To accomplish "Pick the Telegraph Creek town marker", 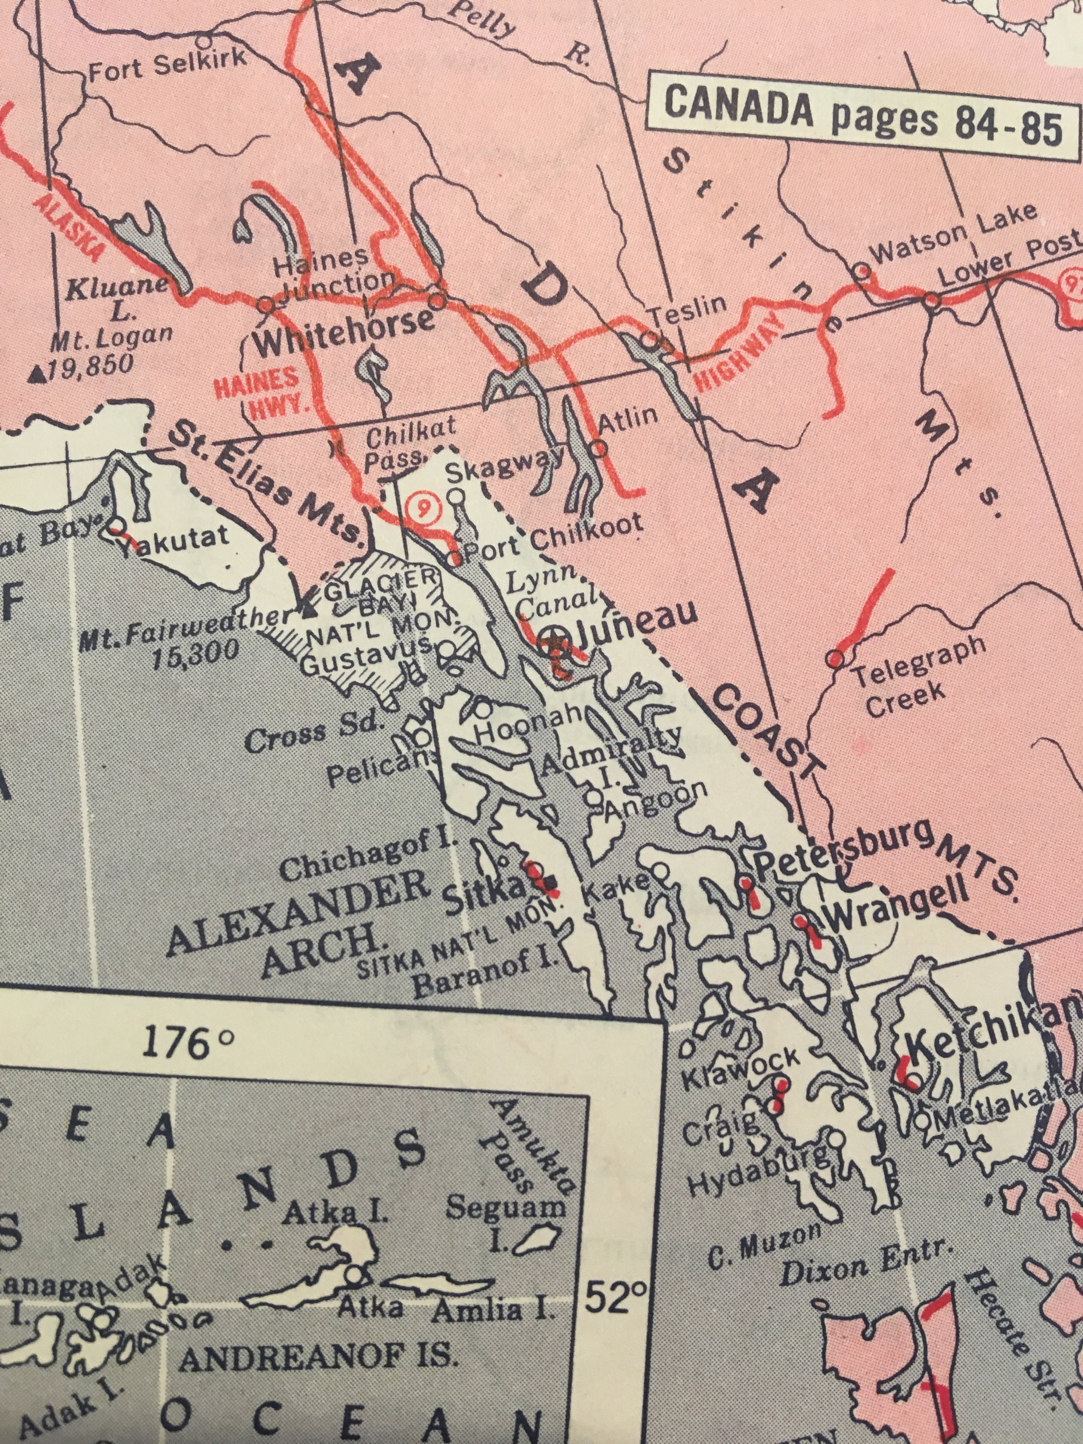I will pos(834,658).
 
